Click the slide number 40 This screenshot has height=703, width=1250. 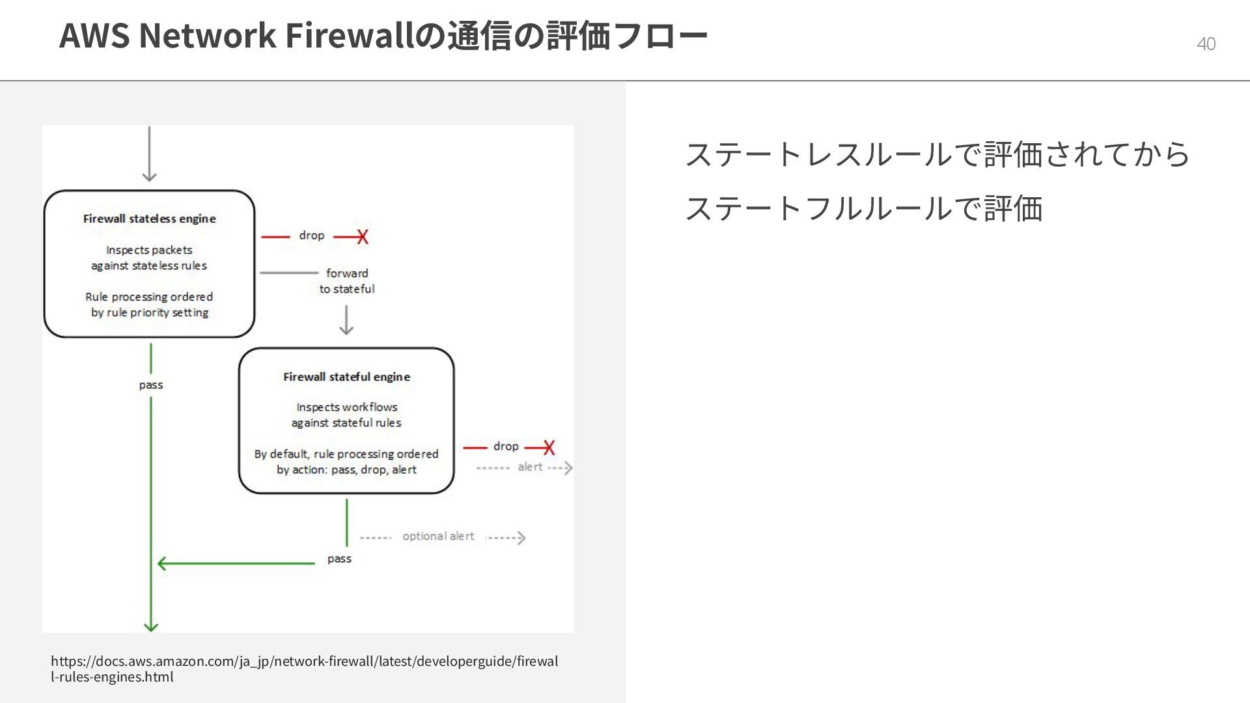(x=1206, y=44)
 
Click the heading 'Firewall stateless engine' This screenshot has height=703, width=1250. (x=149, y=219)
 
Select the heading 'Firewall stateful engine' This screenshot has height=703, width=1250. (x=346, y=377)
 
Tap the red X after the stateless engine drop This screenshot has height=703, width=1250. (x=362, y=237)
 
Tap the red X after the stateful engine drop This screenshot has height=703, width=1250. (x=549, y=448)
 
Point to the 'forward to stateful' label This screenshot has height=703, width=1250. (x=347, y=281)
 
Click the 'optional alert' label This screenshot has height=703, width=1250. (x=438, y=536)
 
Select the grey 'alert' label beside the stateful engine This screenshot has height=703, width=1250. (x=530, y=467)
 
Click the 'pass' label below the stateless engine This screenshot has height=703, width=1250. (x=150, y=385)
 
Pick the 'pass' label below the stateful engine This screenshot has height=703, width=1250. (x=339, y=559)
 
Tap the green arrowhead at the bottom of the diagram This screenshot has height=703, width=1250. (x=150, y=626)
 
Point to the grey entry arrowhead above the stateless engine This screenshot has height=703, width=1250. (x=149, y=176)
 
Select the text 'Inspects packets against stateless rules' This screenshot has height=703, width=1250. (x=149, y=258)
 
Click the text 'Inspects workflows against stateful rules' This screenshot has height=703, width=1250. (x=346, y=415)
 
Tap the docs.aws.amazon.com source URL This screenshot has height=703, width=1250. (x=304, y=669)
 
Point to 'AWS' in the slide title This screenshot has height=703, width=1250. (x=94, y=35)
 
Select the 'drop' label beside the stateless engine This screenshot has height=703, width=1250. (x=311, y=236)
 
